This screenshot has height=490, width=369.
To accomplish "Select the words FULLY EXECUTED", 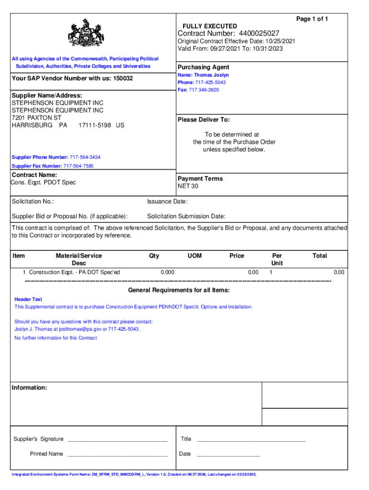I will pyautogui.click(x=209, y=26).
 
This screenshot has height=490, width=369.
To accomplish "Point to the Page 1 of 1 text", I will pyautogui.click(x=312, y=19).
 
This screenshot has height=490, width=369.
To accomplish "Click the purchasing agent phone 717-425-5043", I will pyautogui.click(x=210, y=82).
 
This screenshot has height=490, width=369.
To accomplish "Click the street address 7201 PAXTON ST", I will pyautogui.click(x=36, y=118).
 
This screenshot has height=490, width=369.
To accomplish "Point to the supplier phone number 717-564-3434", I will pyautogui.click(x=85, y=157).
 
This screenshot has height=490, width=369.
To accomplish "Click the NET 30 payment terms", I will pyautogui.click(x=188, y=186).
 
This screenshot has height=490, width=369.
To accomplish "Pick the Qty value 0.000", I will pyautogui.click(x=167, y=272).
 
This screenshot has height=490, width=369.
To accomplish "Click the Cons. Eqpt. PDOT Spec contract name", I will pyautogui.click(x=44, y=182).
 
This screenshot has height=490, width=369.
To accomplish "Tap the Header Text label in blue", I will pyautogui.click(x=28, y=299).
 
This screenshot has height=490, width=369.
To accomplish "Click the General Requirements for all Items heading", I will pyautogui.click(x=179, y=290).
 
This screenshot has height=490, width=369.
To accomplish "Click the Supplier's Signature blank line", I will pyautogui.click(x=117, y=440).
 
